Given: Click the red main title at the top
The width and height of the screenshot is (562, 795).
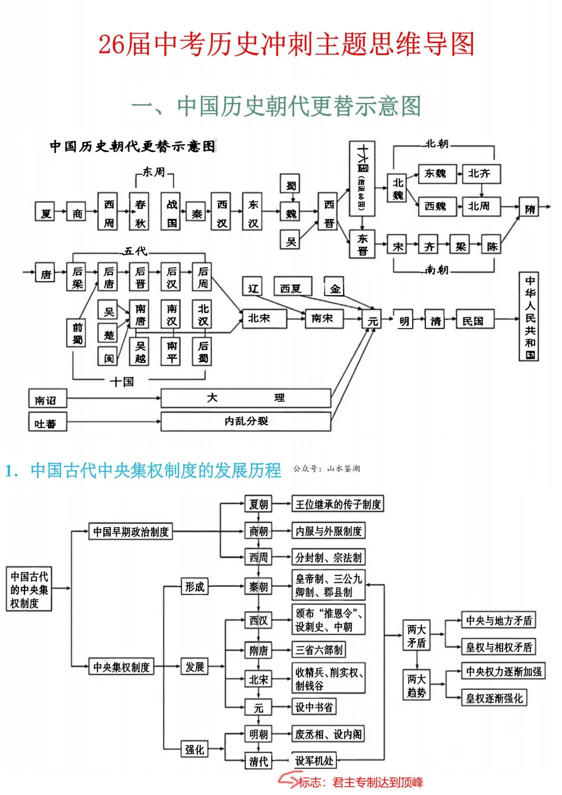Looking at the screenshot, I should [286, 44].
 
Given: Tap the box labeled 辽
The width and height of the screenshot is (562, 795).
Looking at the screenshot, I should [253, 288].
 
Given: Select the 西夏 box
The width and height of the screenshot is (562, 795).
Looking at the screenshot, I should [291, 288].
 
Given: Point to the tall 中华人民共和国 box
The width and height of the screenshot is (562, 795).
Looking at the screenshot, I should [529, 316].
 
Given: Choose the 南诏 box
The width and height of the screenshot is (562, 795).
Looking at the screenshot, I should [47, 400].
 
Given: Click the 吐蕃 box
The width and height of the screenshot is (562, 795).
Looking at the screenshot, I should [47, 423].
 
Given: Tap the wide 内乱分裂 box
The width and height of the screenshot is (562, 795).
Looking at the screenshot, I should [246, 421].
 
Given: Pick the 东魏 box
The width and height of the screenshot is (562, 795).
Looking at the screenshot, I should [436, 174].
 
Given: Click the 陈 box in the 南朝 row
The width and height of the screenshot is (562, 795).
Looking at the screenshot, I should [492, 246].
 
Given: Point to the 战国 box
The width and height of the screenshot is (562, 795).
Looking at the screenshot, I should [172, 213].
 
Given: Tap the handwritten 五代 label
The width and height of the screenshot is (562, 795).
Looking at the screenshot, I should [135, 251].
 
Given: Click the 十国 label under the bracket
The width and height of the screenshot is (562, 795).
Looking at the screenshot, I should [122, 381].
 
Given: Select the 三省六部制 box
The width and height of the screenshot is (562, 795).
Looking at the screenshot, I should [318, 649].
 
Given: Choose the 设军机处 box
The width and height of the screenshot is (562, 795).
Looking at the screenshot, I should [314, 761].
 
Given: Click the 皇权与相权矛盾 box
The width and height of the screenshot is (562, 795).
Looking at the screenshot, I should [499, 647].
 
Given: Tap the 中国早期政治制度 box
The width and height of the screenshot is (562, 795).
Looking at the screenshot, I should [131, 532].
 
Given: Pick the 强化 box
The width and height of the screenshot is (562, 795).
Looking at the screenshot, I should [195, 749].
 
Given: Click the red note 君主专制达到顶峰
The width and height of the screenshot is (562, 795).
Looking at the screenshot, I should [377, 782].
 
